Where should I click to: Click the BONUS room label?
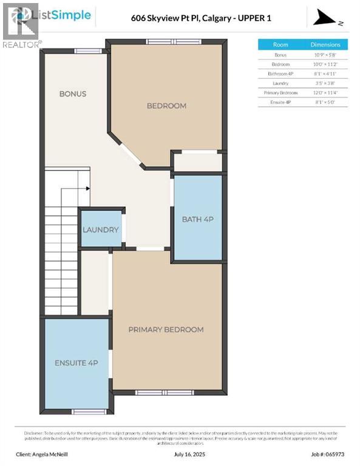click(72, 94)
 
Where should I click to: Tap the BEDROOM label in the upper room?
click(166, 106)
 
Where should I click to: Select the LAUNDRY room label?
click(101, 230)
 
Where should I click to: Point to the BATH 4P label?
click(197, 218)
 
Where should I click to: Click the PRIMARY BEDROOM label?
click(166, 329)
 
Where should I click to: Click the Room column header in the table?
click(280, 45)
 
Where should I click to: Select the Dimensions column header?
click(325, 45)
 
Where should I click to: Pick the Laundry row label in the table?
click(280, 83)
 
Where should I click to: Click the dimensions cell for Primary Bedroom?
click(325, 92)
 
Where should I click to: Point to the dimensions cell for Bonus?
click(325, 55)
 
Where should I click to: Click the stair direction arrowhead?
click(88, 189)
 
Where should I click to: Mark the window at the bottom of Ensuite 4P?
click(89, 411)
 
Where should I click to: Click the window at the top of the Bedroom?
click(167, 41)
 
